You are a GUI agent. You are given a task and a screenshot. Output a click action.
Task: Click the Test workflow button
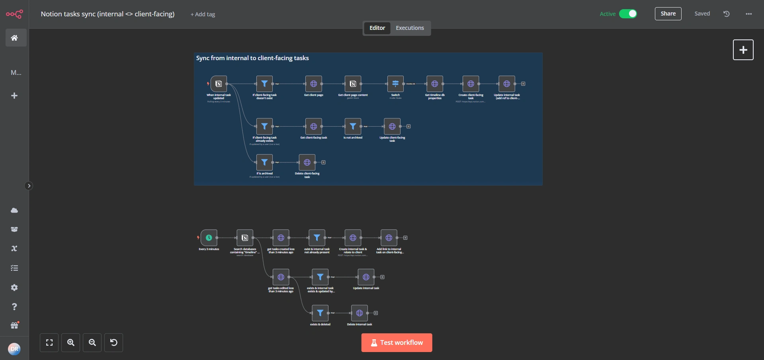[x=397, y=342]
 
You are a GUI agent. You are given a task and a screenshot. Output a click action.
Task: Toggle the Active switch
[x=628, y=14]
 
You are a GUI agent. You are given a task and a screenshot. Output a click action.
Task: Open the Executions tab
[x=410, y=28]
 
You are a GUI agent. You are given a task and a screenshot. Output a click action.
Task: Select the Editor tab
[x=377, y=28]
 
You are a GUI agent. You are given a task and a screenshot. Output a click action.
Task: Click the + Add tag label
[x=203, y=14]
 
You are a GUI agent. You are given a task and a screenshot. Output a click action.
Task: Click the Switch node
[x=395, y=84]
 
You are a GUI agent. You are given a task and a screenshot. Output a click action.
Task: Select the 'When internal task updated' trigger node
[x=219, y=84]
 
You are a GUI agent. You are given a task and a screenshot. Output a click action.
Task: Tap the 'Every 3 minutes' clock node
[x=209, y=238]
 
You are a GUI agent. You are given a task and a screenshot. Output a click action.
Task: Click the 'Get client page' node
[x=314, y=84]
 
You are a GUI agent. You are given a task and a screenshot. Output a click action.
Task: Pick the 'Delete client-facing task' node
[x=307, y=162]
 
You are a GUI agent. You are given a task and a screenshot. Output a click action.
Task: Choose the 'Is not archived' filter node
[x=353, y=126]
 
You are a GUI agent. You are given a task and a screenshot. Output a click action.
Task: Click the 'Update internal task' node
[x=366, y=277]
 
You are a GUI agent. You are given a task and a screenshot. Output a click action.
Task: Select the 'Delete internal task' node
[x=359, y=313]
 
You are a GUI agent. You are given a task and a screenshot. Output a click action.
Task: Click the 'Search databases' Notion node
[x=245, y=238]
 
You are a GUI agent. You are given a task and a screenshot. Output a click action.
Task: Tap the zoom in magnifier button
[x=71, y=342]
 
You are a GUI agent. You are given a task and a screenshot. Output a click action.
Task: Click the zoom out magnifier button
[x=92, y=342]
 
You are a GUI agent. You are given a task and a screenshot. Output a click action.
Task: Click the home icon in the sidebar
[x=14, y=38]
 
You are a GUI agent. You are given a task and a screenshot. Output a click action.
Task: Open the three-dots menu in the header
[x=748, y=14]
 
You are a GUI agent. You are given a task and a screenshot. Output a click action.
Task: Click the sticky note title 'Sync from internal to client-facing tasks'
[x=252, y=58]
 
